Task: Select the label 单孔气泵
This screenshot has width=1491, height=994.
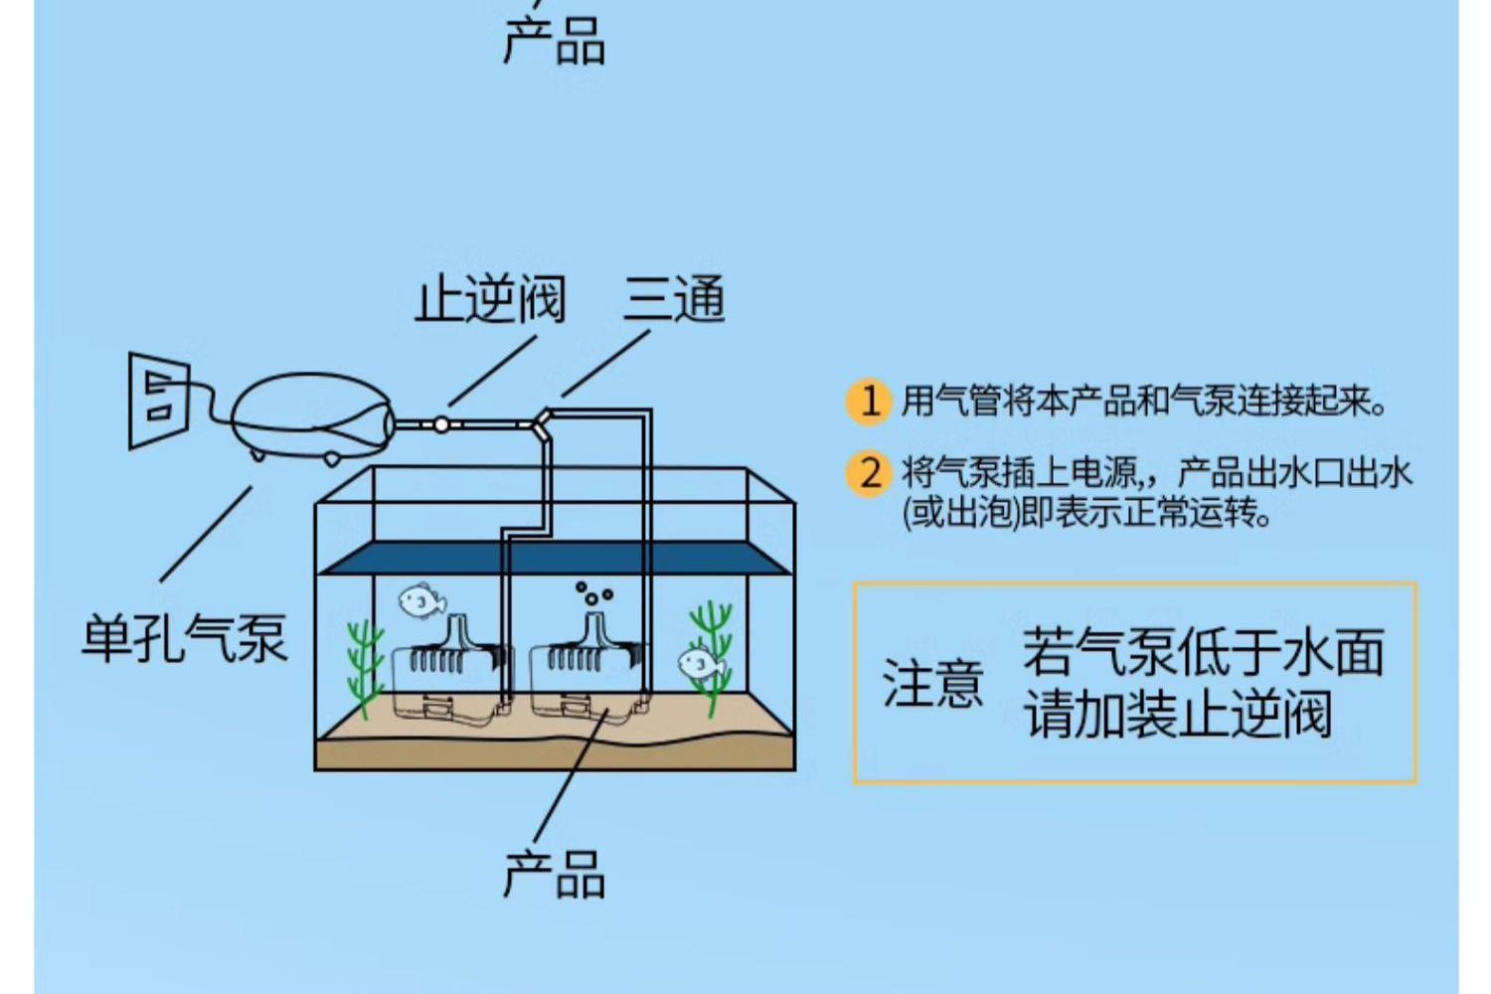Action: [185, 638]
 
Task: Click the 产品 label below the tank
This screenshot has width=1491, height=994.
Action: [554, 875]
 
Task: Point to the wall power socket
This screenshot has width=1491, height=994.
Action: [159, 400]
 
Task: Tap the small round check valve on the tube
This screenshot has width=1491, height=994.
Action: [440, 424]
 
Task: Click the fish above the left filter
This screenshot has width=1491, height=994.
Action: [421, 601]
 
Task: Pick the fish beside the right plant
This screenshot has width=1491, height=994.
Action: [700, 663]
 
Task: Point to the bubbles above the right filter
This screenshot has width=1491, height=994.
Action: [592, 594]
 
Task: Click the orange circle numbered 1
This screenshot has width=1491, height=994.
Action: [869, 402]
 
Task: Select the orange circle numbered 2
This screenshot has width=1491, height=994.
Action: [869, 472]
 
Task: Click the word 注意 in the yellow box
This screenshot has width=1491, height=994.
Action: [932, 684]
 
